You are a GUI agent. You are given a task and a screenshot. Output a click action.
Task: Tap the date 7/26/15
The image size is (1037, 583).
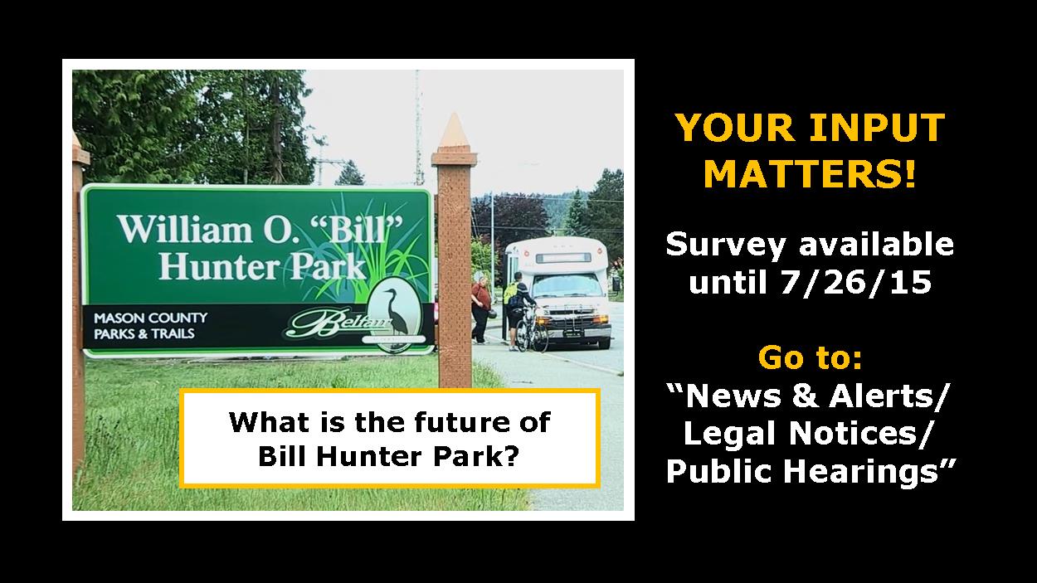coord(855,282)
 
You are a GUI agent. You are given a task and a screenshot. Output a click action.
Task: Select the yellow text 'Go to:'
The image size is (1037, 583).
coord(810,357)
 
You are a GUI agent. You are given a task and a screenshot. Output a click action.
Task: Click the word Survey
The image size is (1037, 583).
coord(725,245)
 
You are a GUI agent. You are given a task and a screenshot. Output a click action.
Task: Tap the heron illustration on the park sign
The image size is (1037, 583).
coord(395,313)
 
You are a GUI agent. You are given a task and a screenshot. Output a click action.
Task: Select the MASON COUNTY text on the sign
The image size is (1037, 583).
coord(150,318)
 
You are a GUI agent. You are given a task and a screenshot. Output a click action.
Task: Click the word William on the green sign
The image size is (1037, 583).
coord(185,229)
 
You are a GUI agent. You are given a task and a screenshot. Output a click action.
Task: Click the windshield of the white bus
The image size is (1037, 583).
coord(567,285)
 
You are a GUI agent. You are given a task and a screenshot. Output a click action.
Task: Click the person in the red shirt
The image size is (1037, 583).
coord(481,309)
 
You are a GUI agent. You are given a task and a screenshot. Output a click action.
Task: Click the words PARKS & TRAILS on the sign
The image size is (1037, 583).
coord(144,333)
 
